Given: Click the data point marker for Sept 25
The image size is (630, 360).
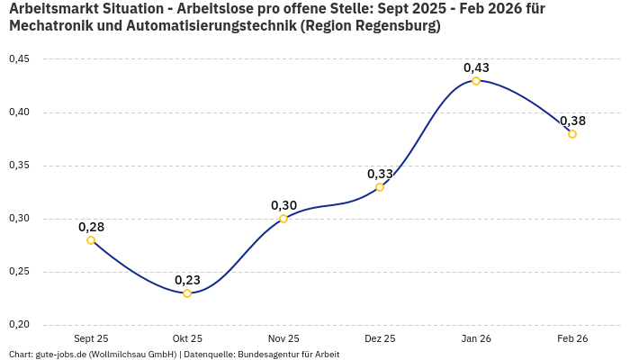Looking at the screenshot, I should [x=91, y=240].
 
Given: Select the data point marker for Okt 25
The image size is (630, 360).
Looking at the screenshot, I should [x=187, y=293].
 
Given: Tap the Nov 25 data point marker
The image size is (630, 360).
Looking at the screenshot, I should [x=283, y=219].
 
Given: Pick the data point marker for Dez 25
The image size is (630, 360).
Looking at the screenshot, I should [x=380, y=187].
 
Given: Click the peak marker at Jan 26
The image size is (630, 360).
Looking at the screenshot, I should [x=476, y=81].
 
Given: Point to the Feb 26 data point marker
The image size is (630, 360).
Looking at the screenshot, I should [x=572, y=134].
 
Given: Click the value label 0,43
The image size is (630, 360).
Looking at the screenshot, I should [x=476, y=67].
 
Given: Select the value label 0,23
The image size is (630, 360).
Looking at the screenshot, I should [x=187, y=280].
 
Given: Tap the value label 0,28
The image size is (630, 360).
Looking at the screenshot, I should [x=91, y=227].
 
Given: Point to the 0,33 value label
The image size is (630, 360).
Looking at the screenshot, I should [x=380, y=174].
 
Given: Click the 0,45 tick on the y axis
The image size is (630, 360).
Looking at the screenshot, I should [x=19, y=59].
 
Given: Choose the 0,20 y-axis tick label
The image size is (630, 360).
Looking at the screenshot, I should [x=19, y=325].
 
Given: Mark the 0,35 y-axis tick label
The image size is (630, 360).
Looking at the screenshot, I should [x=19, y=166].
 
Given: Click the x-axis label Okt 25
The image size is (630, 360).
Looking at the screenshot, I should [x=187, y=339].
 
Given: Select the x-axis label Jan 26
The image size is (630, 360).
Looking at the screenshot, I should [x=476, y=339].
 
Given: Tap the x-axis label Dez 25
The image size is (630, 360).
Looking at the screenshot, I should [x=380, y=339].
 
